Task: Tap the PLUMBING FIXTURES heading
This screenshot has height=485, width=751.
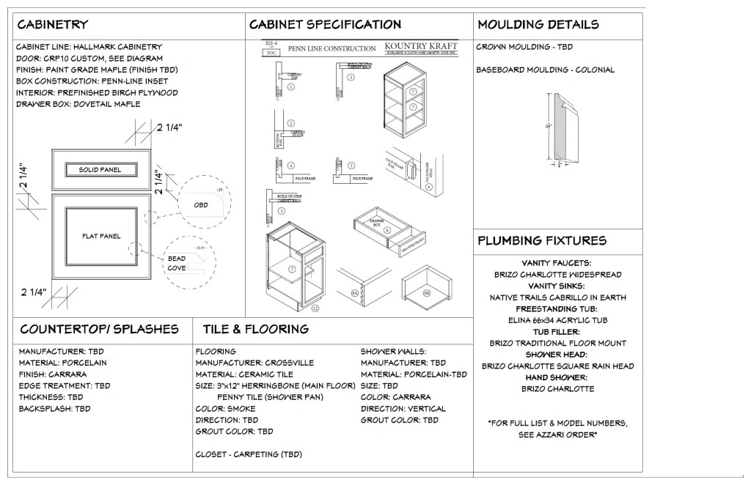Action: (542, 240)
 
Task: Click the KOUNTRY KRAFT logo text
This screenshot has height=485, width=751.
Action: (421, 45)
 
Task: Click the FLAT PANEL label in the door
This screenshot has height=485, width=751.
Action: (100, 236)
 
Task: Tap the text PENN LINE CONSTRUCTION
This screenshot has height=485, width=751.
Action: (331, 49)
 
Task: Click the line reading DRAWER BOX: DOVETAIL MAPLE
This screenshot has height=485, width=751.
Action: (78, 104)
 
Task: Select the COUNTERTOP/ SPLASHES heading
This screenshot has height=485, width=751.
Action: (99, 329)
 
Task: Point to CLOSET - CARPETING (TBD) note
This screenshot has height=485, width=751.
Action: (249, 454)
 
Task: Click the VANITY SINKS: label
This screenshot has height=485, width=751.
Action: (557, 286)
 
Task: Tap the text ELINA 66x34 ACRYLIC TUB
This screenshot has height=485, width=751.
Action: (557, 320)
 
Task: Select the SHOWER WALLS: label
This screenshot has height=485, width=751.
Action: (394, 352)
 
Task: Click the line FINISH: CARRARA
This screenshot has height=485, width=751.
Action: (55, 374)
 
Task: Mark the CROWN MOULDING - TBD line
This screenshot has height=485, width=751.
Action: (524, 47)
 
